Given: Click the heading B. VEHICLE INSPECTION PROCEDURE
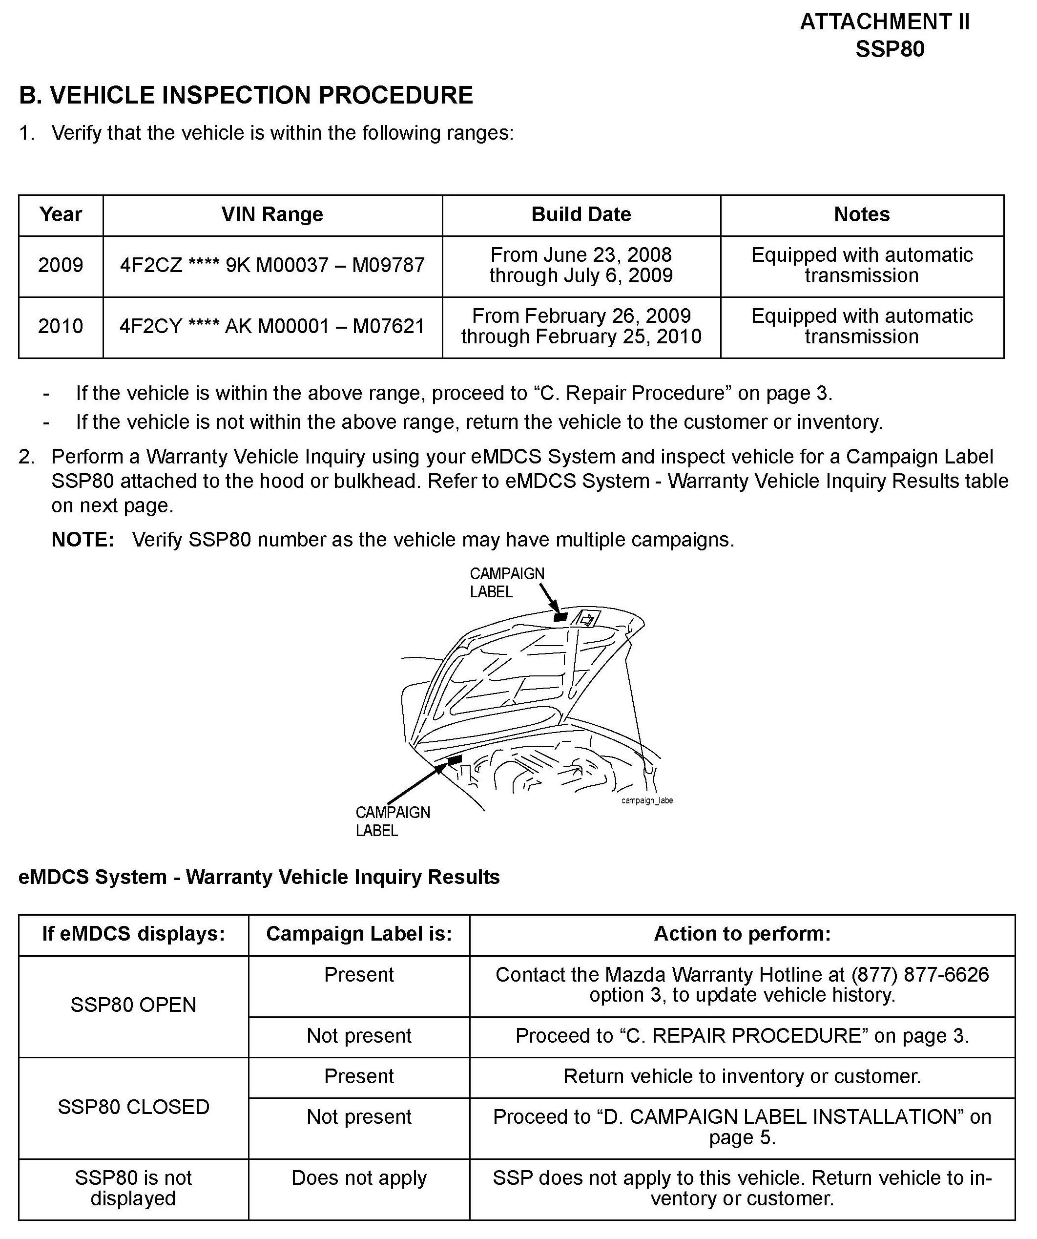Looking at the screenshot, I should click(246, 96).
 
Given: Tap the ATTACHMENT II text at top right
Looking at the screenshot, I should click(884, 22).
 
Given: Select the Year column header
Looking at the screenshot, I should click(60, 214).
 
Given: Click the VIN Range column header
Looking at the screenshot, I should click(272, 214).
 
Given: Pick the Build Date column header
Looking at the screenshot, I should click(581, 214).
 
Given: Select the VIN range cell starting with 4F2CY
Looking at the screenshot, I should click(272, 326).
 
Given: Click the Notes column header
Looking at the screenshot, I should click(861, 214).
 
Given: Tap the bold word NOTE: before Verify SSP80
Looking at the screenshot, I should click(83, 540).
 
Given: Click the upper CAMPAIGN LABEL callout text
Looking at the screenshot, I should click(506, 582).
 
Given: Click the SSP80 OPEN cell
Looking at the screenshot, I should click(133, 1005).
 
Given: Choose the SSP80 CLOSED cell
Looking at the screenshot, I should click(133, 1107).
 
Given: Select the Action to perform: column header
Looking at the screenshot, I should click(742, 933).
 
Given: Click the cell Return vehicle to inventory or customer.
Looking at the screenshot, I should click(742, 1076).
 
